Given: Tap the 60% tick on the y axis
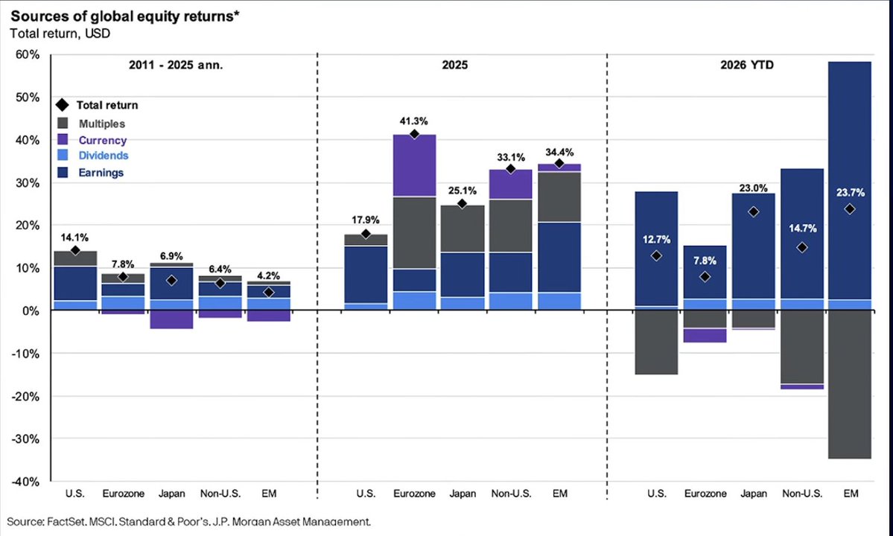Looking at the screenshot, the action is point(28,54).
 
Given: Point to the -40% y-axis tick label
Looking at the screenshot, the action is point(25,482).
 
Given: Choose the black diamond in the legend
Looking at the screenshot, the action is point(63,105).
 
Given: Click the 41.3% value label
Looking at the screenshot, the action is point(414,121).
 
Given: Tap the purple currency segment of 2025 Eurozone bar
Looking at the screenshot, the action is point(414,165).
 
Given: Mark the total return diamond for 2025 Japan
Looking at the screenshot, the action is point(462,204).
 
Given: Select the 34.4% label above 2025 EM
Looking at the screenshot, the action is point(559,153).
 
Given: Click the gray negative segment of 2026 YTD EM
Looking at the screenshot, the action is point(850,384).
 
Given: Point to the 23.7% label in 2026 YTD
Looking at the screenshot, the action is point(851,192).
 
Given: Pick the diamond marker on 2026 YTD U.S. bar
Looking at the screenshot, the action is point(657,256).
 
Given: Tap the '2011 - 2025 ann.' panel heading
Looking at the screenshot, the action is point(176,65).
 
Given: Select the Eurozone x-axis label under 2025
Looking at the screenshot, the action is point(414,494).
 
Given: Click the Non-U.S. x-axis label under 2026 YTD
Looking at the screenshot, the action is point(802,494).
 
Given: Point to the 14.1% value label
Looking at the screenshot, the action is point(74,237).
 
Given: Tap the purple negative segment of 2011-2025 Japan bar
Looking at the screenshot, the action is point(171,319).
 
